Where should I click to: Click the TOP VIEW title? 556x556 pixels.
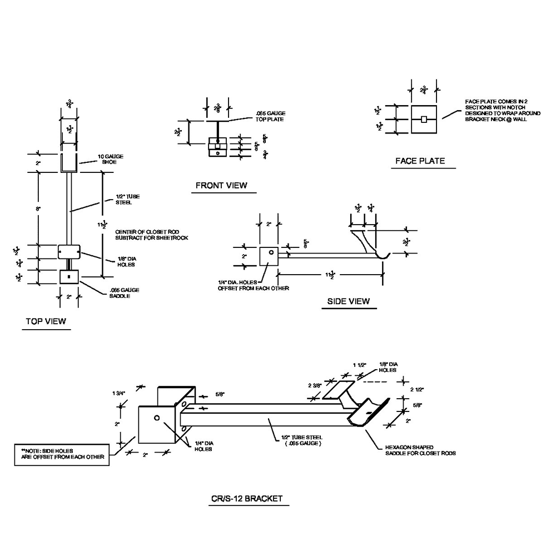coord(46,321)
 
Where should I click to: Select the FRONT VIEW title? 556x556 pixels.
coord(221,185)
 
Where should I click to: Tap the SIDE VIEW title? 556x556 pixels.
coord(348,301)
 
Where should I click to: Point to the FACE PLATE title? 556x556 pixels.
coord(420,161)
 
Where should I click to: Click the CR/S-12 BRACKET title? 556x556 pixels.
coord(246,498)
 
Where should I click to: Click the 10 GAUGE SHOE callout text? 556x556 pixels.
coord(110,159)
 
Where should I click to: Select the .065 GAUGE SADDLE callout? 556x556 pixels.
coord(125,293)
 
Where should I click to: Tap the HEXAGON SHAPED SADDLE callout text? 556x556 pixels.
coord(421,450)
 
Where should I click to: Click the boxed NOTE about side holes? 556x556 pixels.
coord(62,453)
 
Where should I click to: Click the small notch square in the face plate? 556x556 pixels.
coord(424,120)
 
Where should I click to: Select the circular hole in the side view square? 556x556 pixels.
coord(271,252)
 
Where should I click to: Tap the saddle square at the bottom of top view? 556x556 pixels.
coord(69,276)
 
